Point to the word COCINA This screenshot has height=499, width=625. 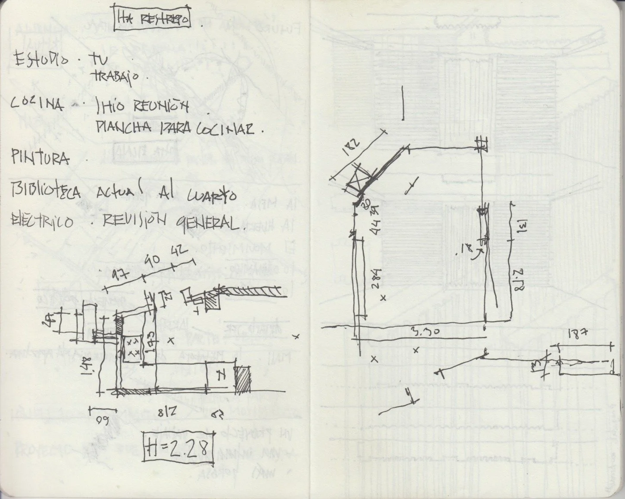click(x=37, y=104)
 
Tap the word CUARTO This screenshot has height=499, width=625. click(x=211, y=195)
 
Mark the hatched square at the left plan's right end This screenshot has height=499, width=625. click(x=242, y=380)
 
